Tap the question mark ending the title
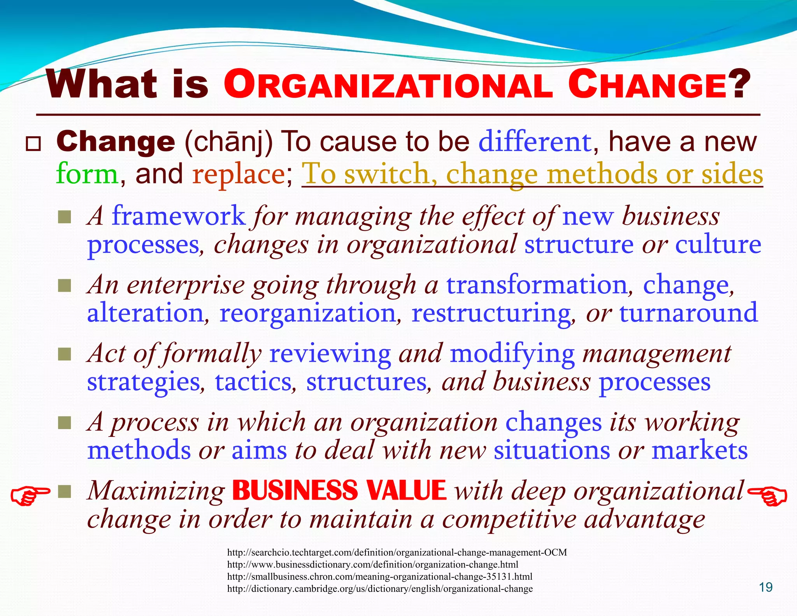tap(737, 85)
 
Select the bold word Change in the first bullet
tap(116, 141)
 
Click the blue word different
tap(535, 142)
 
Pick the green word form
tap(87, 174)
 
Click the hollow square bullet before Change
tap(33, 144)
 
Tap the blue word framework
tap(179, 216)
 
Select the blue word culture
tap(718, 245)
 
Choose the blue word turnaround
tap(688, 313)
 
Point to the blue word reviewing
tap(330, 354)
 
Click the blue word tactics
tap(253, 382)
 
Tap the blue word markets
tap(699, 451)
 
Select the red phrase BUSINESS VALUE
tap(339, 491)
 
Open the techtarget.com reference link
tap(397, 552)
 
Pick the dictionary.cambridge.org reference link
tap(380, 588)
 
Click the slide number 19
tap(766, 587)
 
